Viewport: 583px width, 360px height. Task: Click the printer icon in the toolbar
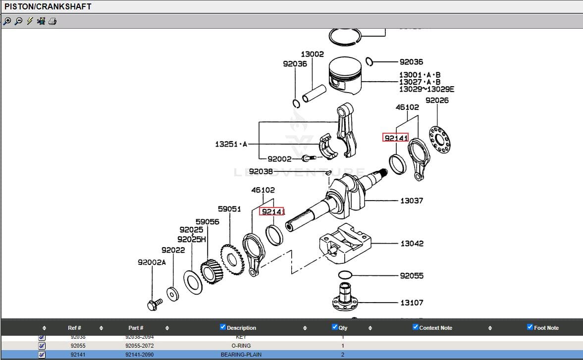(53, 21)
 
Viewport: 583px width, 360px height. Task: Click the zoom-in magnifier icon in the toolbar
(7, 21)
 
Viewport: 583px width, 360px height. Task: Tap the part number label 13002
(312, 54)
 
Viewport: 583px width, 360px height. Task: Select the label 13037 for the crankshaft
(412, 201)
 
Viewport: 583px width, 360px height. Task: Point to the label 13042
(412, 244)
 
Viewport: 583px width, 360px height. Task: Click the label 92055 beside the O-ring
(412, 276)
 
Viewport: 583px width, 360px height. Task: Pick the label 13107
(412, 303)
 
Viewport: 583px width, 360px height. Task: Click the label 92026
(437, 101)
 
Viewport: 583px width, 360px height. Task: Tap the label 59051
(229, 209)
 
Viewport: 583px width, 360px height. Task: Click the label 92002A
(152, 262)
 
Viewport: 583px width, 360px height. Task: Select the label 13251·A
(231, 144)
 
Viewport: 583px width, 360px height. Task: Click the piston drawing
(346, 77)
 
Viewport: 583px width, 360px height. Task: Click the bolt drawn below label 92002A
(155, 304)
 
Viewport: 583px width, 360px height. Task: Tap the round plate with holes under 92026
(439, 139)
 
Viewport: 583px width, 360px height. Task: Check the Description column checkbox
(223, 327)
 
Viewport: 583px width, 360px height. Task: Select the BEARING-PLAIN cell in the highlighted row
(241, 355)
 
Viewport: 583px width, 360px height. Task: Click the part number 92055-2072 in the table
(139, 346)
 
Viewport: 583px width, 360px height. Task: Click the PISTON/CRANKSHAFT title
(48, 6)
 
